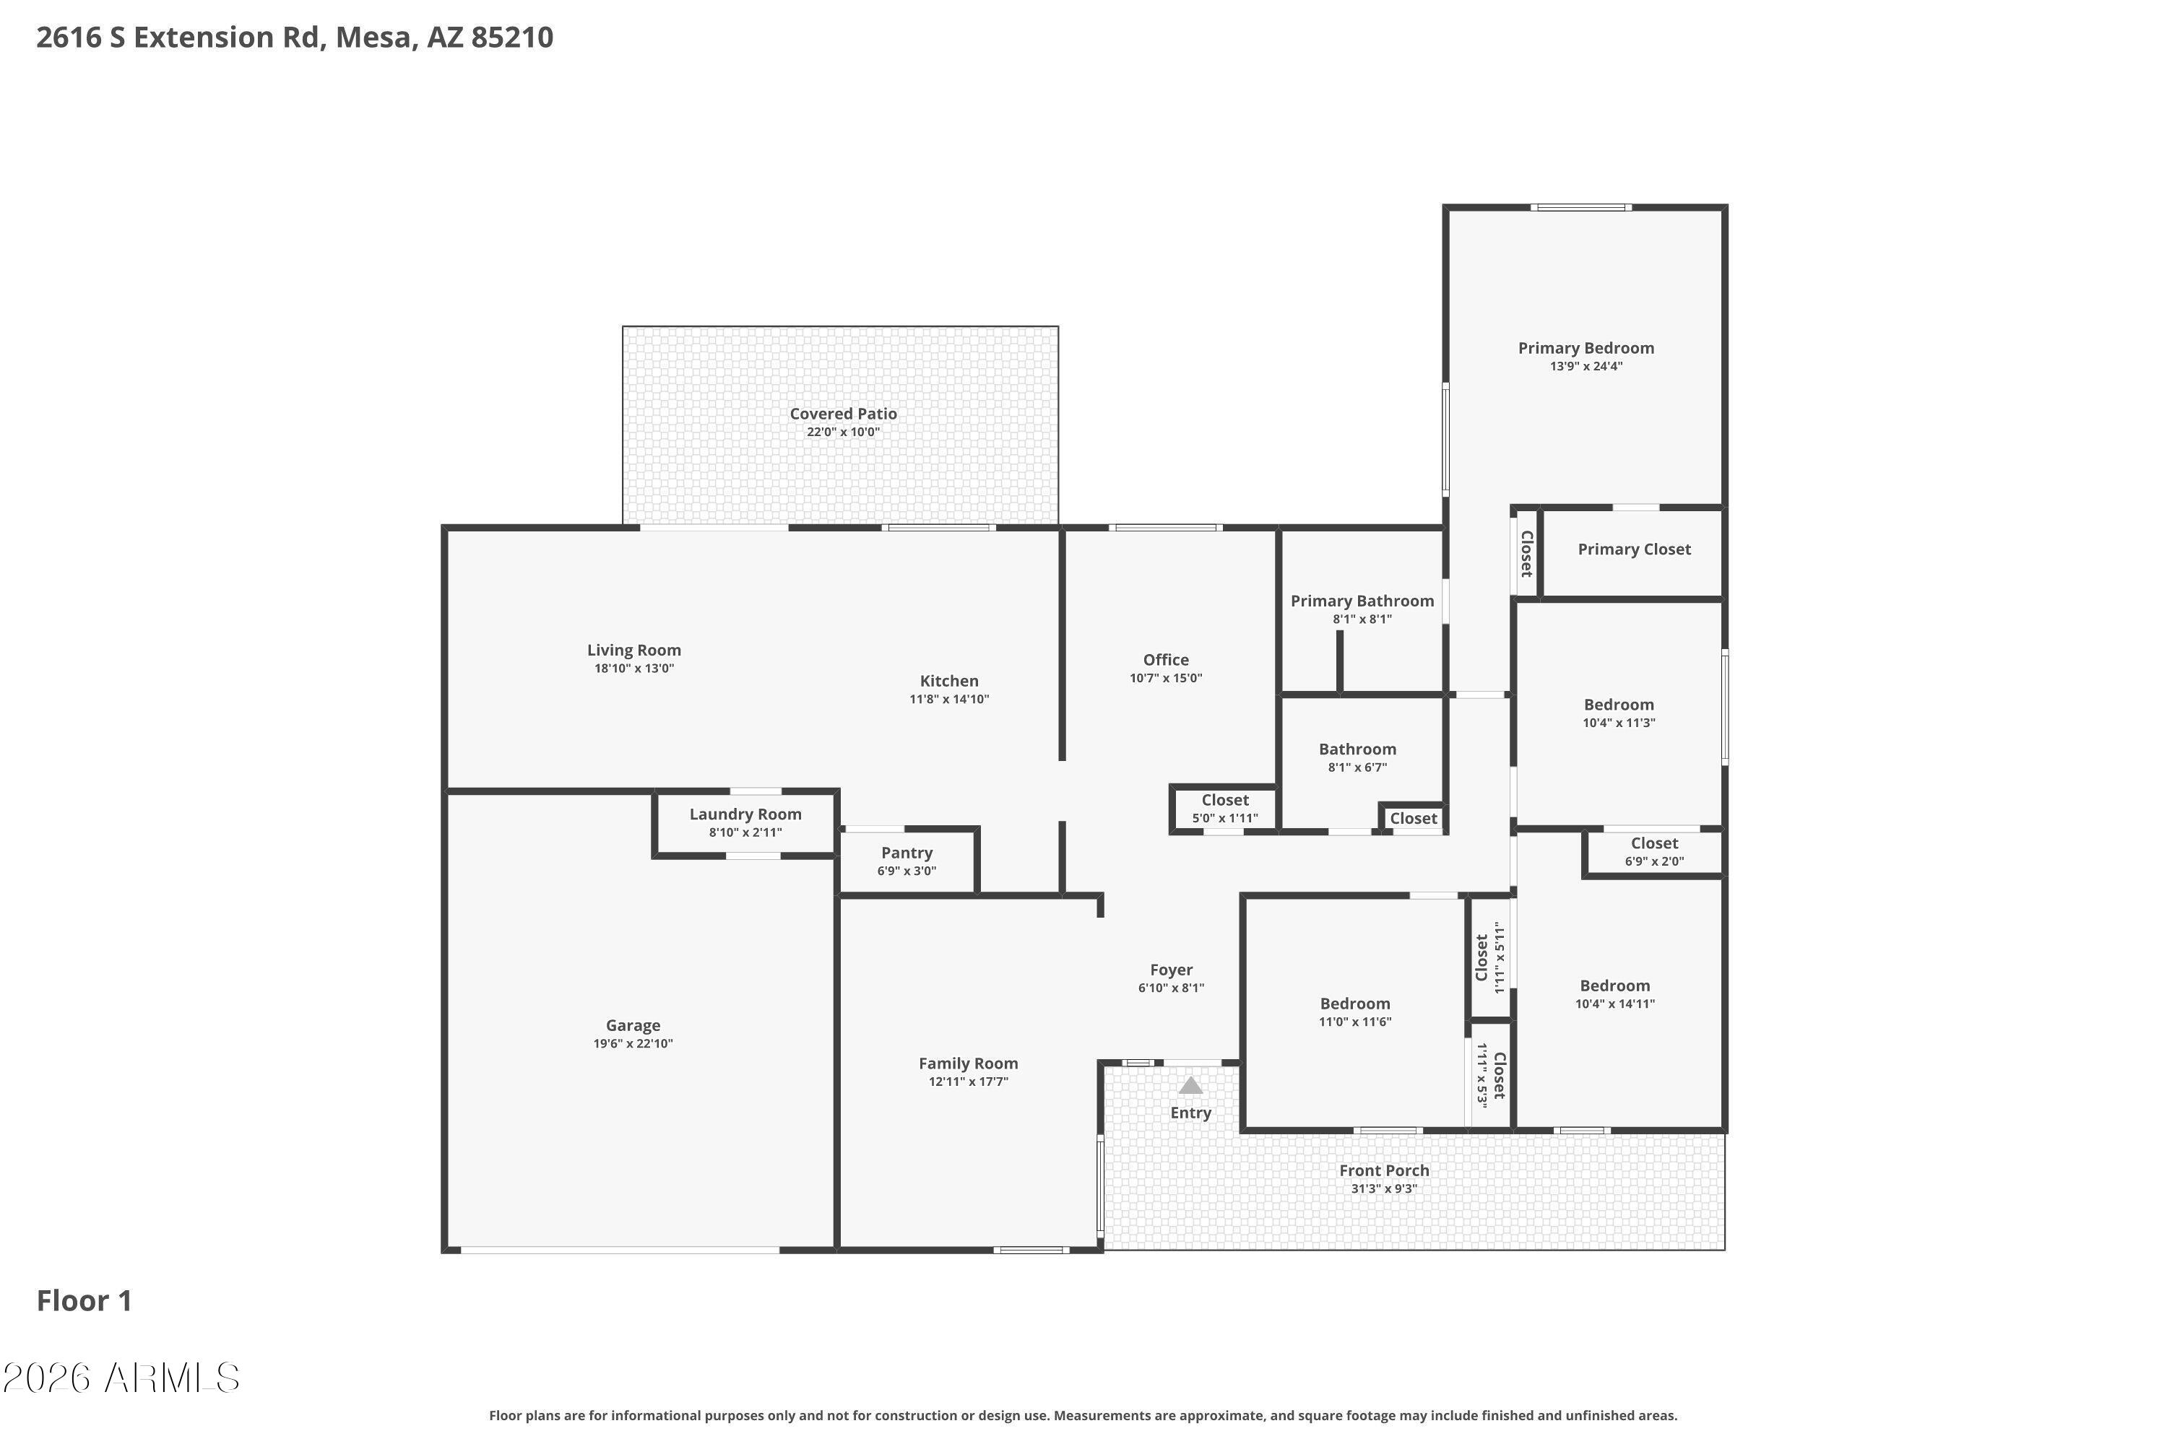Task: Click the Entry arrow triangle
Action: coord(1190,1086)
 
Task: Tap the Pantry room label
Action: coord(907,853)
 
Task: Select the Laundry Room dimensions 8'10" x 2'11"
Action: coord(745,832)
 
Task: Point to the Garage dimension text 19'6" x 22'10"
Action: coord(633,1043)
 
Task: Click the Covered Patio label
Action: coord(843,414)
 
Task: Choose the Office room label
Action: coord(1166,659)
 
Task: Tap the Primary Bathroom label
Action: coord(1362,601)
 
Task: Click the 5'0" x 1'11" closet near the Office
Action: coord(1224,809)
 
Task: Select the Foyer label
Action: coord(1171,970)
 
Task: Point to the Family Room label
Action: coord(969,1063)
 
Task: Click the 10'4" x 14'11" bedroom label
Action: coord(1614,986)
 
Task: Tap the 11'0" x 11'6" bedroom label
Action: coord(1354,1004)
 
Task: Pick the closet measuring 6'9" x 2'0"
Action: coord(1654,852)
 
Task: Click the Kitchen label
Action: coord(949,681)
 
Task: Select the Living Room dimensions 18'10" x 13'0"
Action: coord(634,669)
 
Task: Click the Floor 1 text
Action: coord(84,1300)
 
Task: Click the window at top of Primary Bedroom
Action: coord(1580,207)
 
